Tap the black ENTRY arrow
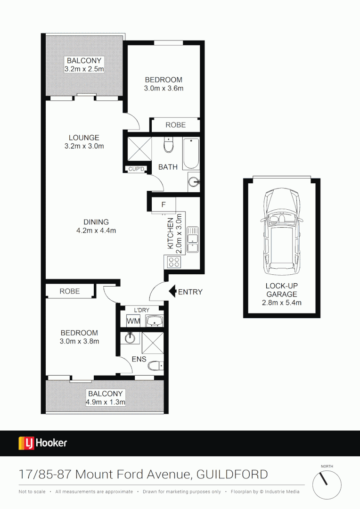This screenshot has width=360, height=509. click(172, 292)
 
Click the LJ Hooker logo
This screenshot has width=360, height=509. click(43, 443)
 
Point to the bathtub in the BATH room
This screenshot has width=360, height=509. click(191, 154)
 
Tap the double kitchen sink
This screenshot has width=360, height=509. click(192, 240)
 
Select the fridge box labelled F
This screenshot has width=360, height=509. click(164, 205)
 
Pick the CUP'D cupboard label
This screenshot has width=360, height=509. click(137, 169)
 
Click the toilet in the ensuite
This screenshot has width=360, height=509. click(155, 366)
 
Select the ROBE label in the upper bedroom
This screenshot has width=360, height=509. click(175, 125)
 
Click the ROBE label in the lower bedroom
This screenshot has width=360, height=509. click(70, 291)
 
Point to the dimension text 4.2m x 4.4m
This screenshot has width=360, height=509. click(96, 230)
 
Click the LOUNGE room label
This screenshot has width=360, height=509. click(84, 138)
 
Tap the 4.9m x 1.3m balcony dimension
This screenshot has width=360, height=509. click(106, 402)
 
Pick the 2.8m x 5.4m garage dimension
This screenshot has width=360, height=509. click(281, 303)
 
